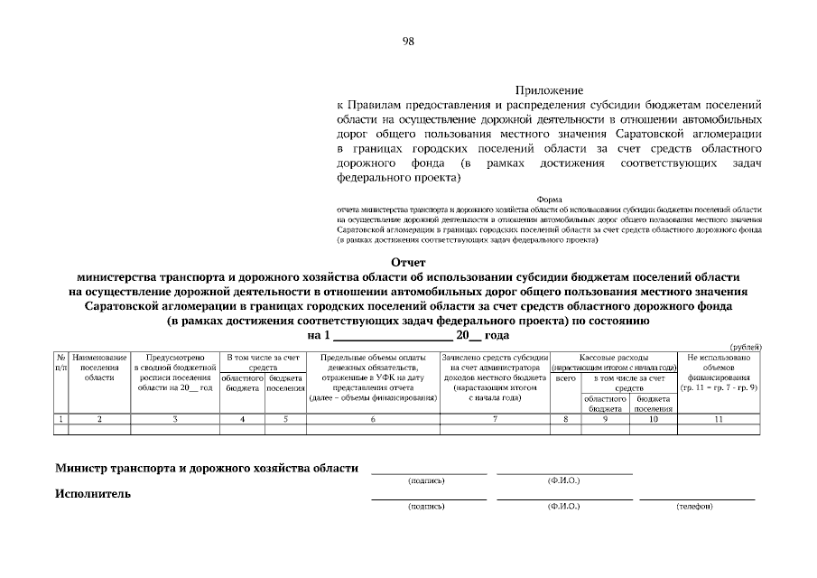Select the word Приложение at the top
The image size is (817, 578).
549,90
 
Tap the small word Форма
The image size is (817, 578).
549,199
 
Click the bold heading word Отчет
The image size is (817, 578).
408,262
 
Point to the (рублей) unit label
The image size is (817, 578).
746,348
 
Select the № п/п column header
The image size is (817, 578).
60,363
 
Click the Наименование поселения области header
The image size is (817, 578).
99,368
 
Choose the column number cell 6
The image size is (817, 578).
373,419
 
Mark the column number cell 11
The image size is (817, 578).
719,419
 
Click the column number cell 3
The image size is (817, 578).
175,419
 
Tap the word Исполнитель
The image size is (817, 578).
92,494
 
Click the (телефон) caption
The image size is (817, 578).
695,506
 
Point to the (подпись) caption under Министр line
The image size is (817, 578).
426,480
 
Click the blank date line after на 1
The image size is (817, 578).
393,335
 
